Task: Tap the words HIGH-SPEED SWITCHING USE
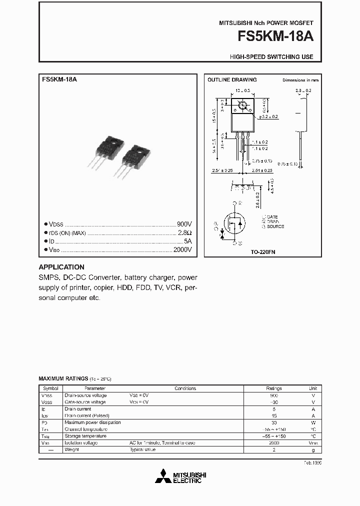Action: pos(271,57)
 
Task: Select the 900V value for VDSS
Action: pos(184,224)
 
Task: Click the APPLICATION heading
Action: pos(61,267)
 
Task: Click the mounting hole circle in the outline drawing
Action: pos(243,105)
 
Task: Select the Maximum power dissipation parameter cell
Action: pos(92,422)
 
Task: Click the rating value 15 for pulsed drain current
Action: pos(274,415)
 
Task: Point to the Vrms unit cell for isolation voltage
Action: pos(313,443)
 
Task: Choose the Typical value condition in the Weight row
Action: pos(143,450)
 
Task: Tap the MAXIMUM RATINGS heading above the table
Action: pos(63,379)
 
